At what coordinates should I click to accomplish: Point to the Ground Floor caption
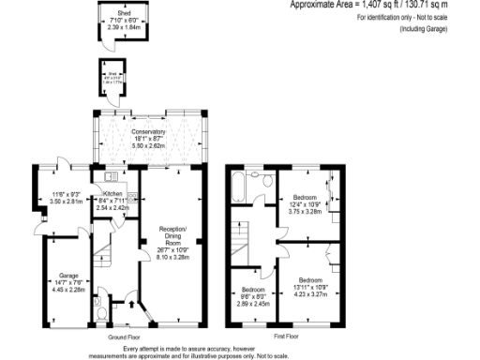123,335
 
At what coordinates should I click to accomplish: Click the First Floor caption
286,335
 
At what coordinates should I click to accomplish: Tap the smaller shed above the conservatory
110,78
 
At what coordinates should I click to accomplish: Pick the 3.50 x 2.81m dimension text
67,201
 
